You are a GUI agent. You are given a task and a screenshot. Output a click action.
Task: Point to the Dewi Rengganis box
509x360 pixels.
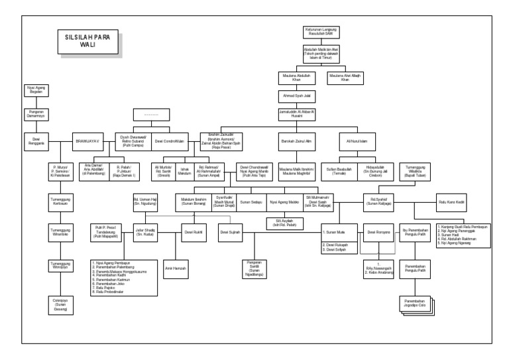32,141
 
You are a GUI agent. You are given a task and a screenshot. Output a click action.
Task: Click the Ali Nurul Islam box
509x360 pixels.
357,141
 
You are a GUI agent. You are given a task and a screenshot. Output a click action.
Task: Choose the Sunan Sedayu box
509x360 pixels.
250,200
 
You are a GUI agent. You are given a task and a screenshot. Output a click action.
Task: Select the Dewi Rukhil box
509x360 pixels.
192,233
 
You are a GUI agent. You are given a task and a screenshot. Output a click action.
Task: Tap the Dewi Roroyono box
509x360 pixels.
378,233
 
